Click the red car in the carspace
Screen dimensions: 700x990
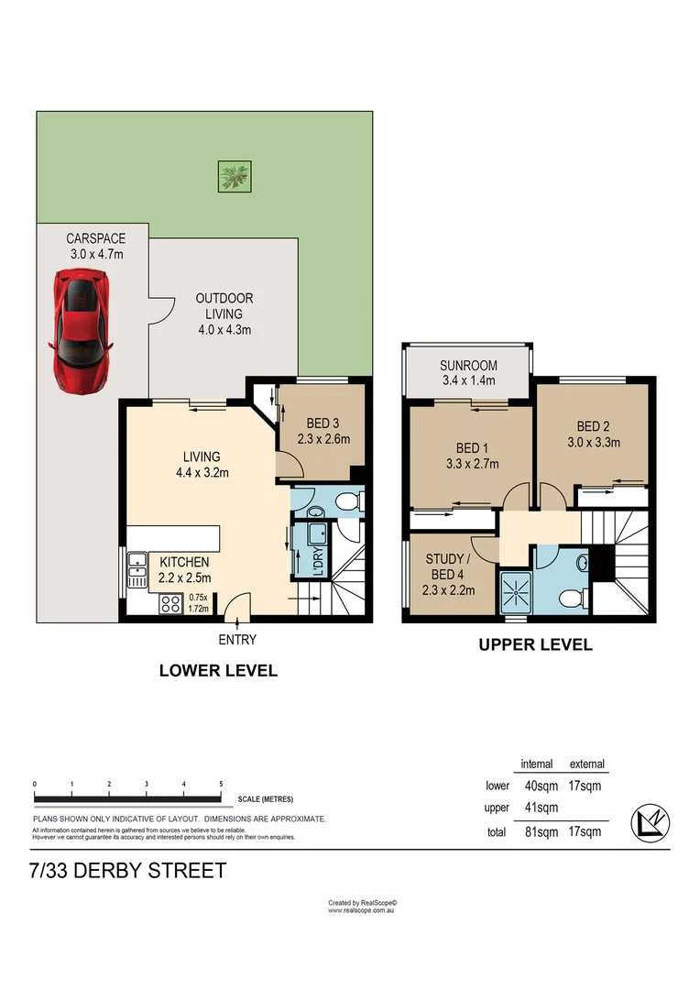click(81, 331)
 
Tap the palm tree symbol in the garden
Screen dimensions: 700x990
click(235, 176)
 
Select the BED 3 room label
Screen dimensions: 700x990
click(323, 423)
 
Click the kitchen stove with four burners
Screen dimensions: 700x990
click(170, 604)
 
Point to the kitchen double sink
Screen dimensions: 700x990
click(137, 569)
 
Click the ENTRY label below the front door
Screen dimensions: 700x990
click(237, 640)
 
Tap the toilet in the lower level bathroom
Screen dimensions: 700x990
click(348, 502)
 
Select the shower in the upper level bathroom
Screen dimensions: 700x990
click(517, 593)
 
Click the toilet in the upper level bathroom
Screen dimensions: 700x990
click(574, 598)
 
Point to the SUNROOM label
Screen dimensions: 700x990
click(468, 366)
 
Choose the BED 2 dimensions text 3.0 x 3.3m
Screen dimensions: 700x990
click(594, 443)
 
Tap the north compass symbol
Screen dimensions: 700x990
click(651, 823)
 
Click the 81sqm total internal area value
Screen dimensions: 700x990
click(541, 832)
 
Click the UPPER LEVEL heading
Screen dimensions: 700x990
click(536, 644)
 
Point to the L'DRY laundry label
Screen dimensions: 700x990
click(318, 561)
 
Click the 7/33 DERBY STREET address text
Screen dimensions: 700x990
click(128, 871)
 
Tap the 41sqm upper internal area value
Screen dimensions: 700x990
click(541, 808)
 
